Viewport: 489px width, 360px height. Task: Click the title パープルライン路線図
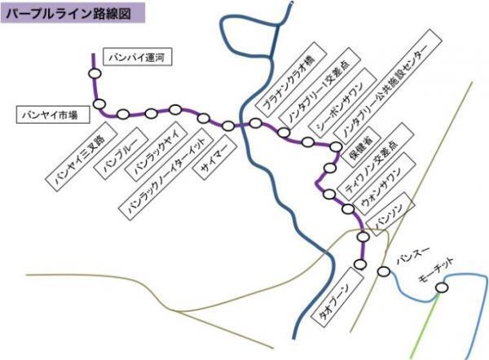tap(73, 13)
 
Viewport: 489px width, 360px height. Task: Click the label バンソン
tap(390, 213)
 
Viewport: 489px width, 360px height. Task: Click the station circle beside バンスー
tap(384, 272)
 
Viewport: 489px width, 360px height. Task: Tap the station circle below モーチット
tap(442, 287)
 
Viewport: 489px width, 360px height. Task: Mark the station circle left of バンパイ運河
tap(95, 72)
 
